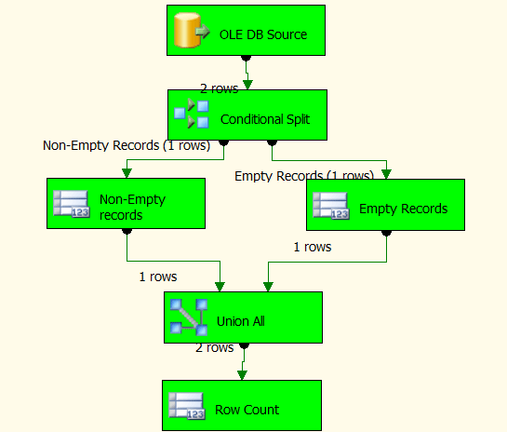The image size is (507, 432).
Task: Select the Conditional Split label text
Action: [265, 119]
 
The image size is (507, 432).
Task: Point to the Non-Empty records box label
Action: [121, 207]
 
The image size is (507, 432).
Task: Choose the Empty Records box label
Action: [403, 209]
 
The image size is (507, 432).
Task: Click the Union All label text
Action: [241, 321]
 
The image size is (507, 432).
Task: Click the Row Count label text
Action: [247, 410]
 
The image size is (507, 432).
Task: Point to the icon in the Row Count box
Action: [187, 408]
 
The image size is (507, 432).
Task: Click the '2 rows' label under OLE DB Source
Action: [219, 88]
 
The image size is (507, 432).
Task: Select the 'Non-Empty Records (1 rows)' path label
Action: [127, 145]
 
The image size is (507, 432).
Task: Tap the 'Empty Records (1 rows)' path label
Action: [303, 175]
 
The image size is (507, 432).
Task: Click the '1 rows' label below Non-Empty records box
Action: [158, 277]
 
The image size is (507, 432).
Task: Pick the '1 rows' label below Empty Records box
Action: [313, 247]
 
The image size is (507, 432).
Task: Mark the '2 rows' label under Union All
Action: [214, 347]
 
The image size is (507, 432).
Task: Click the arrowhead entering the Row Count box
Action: [242, 374]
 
